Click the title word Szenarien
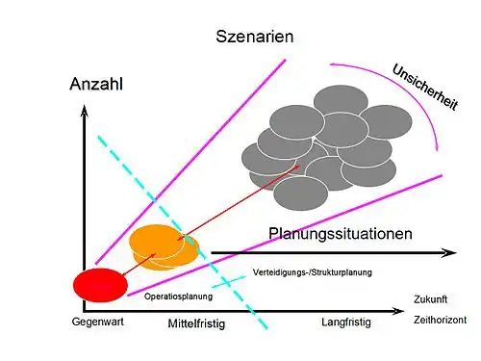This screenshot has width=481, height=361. pyautogui.click(x=254, y=38)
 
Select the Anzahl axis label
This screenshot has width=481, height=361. pyautogui.click(x=97, y=84)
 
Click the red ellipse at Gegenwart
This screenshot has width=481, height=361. pyautogui.click(x=100, y=284)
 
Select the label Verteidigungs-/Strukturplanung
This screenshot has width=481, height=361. pyautogui.click(x=312, y=272)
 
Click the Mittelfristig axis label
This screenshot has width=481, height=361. pyautogui.click(x=196, y=324)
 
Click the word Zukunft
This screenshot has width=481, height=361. pyautogui.click(x=431, y=298)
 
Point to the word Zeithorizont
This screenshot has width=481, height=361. pyautogui.click(x=439, y=320)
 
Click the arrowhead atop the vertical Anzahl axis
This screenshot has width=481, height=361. pyautogui.click(x=85, y=108)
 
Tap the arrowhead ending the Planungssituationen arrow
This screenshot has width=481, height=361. pyautogui.click(x=450, y=252)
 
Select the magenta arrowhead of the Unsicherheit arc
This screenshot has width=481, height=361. pyautogui.click(x=436, y=147)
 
